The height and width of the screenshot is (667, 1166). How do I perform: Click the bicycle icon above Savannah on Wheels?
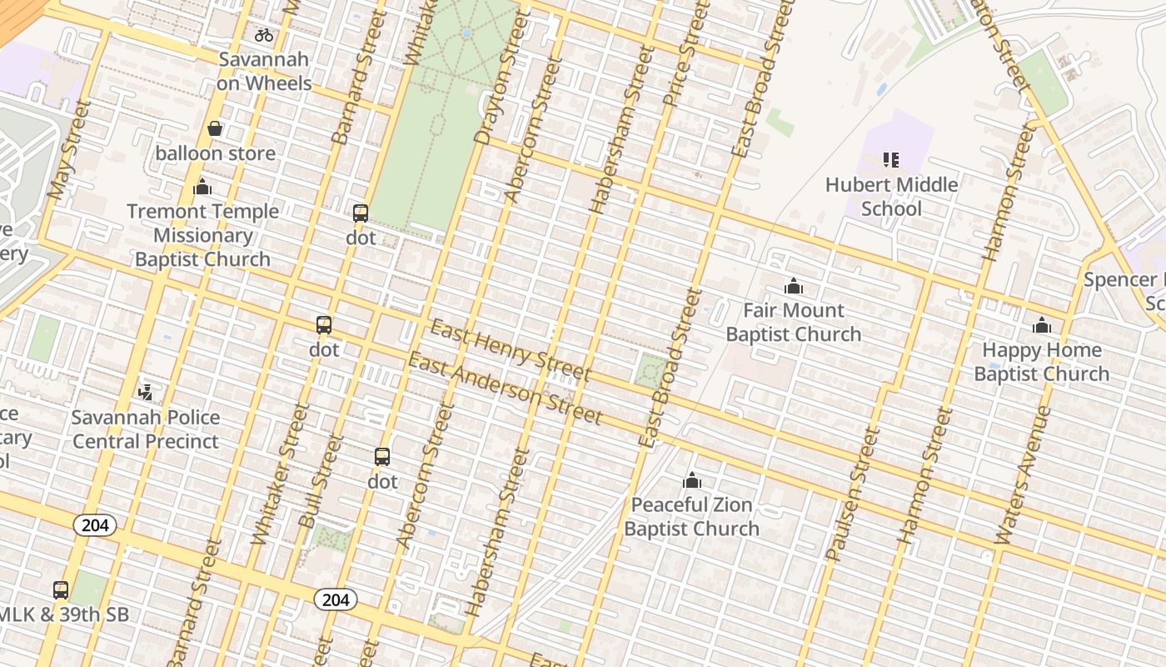pos(264,35)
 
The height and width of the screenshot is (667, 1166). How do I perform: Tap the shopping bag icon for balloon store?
pos(215,128)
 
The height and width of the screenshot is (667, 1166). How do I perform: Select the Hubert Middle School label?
pos(891,196)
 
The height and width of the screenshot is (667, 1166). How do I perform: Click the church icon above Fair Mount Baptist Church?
pos(793,287)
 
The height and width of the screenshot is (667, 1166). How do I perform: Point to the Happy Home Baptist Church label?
pos(1041,361)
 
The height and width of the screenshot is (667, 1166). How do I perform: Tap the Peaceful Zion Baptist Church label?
pos(691,516)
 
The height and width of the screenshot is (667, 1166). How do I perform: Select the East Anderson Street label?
pos(504,388)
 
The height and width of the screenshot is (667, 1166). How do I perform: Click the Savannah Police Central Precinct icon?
pos(146,391)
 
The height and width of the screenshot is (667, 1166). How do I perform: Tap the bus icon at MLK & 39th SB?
pos(61,589)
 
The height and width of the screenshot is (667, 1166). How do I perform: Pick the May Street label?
pos(69,151)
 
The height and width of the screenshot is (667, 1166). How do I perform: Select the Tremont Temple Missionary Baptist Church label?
pos(202,235)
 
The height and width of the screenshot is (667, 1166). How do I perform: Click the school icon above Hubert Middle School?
pos(891,159)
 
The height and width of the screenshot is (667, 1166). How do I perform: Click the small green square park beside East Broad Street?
pos(650,371)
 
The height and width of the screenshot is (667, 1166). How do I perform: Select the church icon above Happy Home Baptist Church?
pos(1041,325)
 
